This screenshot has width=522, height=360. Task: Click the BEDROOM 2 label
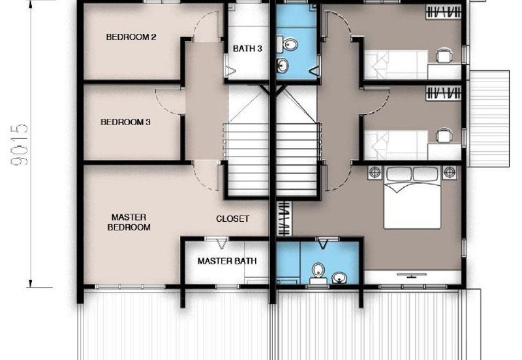point(131,37)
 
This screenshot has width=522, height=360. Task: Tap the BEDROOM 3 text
point(125,122)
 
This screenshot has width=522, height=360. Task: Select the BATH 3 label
point(247,48)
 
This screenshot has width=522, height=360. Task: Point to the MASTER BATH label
point(227,261)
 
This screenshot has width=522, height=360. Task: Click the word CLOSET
point(232,218)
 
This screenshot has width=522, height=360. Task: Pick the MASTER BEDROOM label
point(129,222)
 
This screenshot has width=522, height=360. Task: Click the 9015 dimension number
point(20,145)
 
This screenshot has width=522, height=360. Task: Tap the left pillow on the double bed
point(399,174)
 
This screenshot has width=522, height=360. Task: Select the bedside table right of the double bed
point(450,172)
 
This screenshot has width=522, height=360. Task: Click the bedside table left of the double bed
point(375,172)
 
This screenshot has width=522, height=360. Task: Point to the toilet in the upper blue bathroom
point(287,44)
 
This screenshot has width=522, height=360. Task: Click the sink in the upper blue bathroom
point(283,65)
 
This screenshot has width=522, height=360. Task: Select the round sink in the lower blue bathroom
point(339,277)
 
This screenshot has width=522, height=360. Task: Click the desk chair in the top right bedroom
point(444,55)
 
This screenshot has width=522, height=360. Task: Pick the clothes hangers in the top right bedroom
point(444,12)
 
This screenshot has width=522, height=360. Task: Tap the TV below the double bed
point(412,275)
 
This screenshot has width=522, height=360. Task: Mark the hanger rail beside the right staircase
point(284,218)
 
